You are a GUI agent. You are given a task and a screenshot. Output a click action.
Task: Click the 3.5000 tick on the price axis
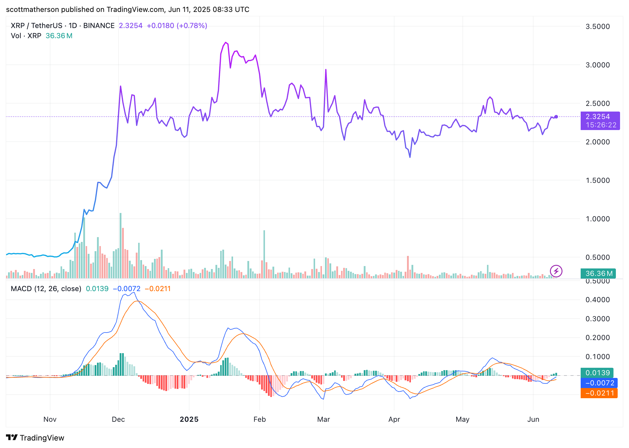pyautogui.click(x=597, y=27)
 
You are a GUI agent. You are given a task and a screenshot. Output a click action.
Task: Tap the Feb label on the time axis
pyautogui.click(x=259, y=419)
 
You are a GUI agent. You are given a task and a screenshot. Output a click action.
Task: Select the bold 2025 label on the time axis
pyautogui.click(x=189, y=419)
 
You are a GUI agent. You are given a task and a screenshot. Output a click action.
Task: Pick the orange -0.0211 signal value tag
pyautogui.click(x=599, y=393)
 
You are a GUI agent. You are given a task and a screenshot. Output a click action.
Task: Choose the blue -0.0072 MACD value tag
pyautogui.click(x=599, y=383)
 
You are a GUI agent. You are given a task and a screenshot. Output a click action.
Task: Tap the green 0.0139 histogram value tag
pyautogui.click(x=597, y=373)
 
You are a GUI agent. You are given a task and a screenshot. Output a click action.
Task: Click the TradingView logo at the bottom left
pyautogui.click(x=35, y=438)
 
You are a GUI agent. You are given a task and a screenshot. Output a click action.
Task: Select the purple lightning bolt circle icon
pyautogui.click(x=556, y=271)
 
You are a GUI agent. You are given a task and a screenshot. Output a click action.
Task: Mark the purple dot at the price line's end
pyautogui.click(x=556, y=117)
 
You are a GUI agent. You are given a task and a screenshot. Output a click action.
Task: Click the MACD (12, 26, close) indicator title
pyautogui.click(x=46, y=289)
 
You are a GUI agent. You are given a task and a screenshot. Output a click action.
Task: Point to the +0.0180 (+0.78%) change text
pyautogui.click(x=177, y=26)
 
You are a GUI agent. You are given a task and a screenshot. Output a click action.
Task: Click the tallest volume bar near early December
pyautogui.click(x=121, y=245)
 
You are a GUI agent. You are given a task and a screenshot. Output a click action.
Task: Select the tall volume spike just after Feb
pyautogui.click(x=264, y=254)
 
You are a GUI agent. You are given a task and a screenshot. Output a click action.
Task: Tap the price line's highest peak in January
pyautogui.click(x=226, y=43)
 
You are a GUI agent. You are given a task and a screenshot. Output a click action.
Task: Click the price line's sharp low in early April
pyautogui.click(x=410, y=157)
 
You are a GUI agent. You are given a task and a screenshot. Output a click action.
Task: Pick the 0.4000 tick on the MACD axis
pyautogui.click(x=597, y=300)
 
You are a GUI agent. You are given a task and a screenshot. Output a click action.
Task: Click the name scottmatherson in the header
pyautogui.click(x=33, y=10)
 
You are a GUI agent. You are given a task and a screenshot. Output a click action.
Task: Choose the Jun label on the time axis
pyautogui.click(x=533, y=419)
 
